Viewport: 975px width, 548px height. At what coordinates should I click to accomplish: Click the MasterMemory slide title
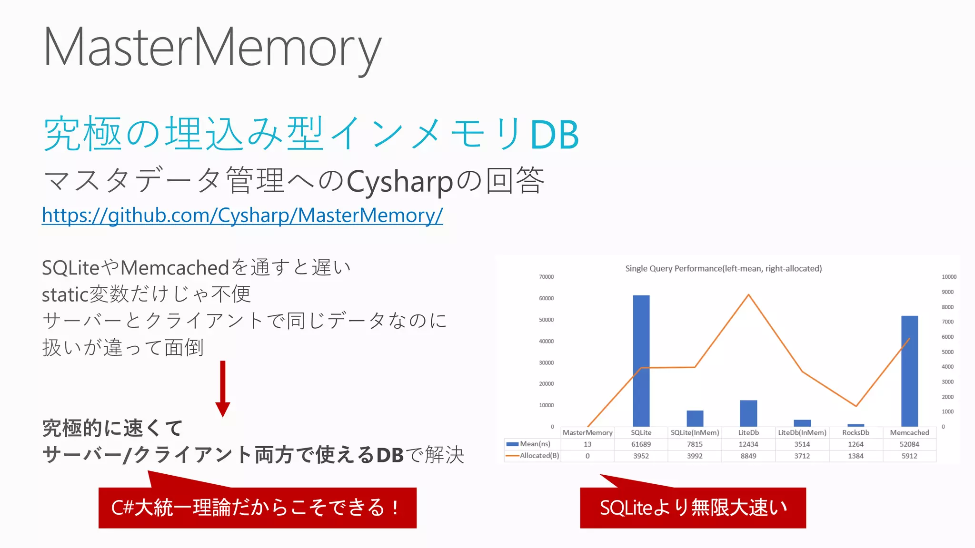(x=212, y=48)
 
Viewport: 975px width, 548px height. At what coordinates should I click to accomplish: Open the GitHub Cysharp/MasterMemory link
(x=242, y=215)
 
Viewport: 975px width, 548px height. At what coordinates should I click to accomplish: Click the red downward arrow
(x=222, y=388)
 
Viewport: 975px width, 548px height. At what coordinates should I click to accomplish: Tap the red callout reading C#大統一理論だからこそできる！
(x=257, y=508)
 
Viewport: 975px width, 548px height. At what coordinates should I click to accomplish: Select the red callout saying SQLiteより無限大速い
(x=693, y=508)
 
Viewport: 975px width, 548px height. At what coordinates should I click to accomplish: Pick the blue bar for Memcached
(x=909, y=371)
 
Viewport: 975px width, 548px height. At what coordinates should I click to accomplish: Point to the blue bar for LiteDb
(x=748, y=413)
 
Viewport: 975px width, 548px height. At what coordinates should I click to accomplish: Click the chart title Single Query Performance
(x=723, y=269)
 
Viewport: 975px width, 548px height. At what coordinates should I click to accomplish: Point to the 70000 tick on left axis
(x=546, y=277)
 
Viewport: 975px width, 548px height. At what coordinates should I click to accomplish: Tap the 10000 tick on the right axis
(x=949, y=277)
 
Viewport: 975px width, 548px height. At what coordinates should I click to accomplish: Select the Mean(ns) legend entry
(x=530, y=444)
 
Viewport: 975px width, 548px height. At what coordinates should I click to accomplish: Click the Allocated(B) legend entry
(x=534, y=456)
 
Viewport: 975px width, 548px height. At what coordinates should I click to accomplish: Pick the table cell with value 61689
(x=641, y=444)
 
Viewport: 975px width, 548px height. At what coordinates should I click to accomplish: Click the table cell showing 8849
(x=748, y=456)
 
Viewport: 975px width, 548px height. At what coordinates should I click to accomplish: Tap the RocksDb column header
(x=856, y=432)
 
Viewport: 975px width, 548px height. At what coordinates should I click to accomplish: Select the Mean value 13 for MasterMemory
(x=587, y=444)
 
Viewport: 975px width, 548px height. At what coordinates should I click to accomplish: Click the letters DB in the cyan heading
(x=554, y=135)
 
